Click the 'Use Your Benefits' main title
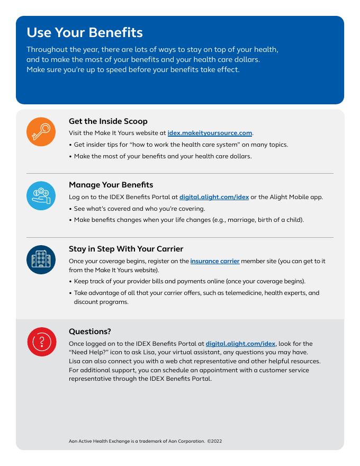click(x=85, y=32)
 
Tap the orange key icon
click(x=41, y=132)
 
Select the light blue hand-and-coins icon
click(x=41, y=195)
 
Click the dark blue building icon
click(x=41, y=259)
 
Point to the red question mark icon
click(x=41, y=342)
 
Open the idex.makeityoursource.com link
click(x=210, y=133)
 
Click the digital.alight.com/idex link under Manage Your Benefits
click(x=214, y=197)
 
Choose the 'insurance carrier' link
click(x=215, y=261)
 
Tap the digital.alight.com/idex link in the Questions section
click(x=240, y=344)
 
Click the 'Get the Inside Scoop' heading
click(x=108, y=121)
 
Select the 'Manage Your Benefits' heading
click(x=111, y=185)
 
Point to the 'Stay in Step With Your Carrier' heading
click(x=133, y=249)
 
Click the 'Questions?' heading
click(x=90, y=331)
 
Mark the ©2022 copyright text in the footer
click(x=214, y=441)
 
